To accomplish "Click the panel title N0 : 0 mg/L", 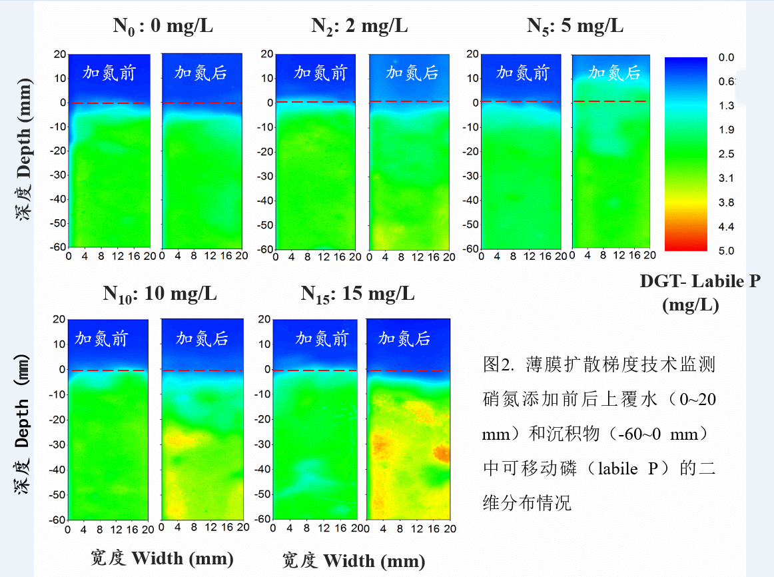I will [x=163, y=27].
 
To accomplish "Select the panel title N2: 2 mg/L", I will [x=360, y=27].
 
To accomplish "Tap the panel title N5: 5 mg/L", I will [x=575, y=27].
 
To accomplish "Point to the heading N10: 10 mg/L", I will [x=160, y=294].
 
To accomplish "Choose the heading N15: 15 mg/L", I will [x=358, y=294].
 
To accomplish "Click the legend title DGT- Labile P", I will [x=699, y=282].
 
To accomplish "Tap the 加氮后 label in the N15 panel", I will [x=404, y=338].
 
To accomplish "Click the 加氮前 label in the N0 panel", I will [x=109, y=73].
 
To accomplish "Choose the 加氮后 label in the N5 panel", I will [x=613, y=73].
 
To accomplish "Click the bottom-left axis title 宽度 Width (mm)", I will [x=162, y=558].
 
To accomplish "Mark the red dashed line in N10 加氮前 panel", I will [x=107, y=370].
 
